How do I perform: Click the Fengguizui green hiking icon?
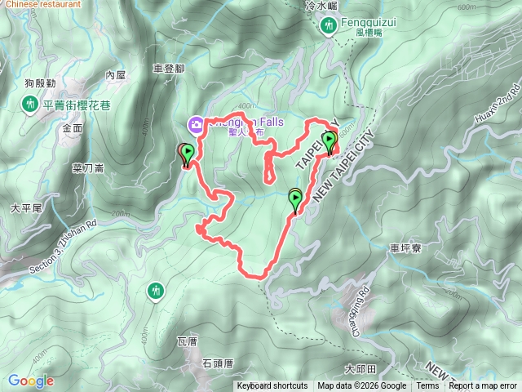click(330, 27)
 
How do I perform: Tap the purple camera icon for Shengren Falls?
click(197, 125)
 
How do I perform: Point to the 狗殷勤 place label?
click(39, 83)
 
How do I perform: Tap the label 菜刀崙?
click(88, 168)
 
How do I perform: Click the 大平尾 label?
click(25, 209)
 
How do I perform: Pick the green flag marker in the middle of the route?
click(295, 198)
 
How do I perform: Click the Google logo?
click(31, 381)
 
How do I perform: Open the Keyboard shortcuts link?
click(272, 386)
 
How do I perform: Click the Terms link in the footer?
click(427, 386)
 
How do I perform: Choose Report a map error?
click(483, 386)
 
